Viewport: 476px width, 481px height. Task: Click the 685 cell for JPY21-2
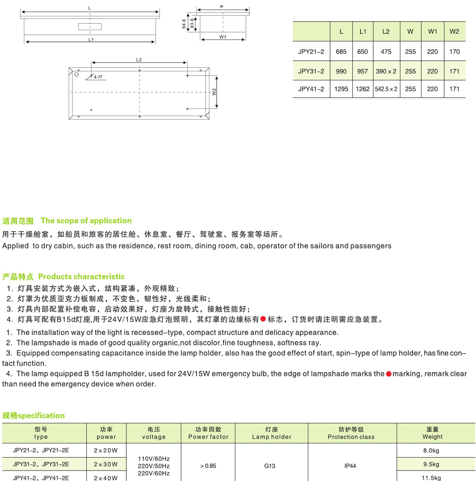click(x=341, y=52)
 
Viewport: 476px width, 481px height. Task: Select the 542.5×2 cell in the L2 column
click(x=386, y=89)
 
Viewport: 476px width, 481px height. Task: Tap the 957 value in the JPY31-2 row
click(x=362, y=71)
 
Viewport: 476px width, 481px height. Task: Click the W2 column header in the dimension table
click(x=454, y=32)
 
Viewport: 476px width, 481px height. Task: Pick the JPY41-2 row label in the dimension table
click(x=312, y=89)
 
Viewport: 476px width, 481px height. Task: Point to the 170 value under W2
click(x=454, y=52)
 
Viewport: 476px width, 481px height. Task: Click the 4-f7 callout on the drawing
click(x=98, y=77)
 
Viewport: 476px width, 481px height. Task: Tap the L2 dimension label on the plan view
click(x=139, y=60)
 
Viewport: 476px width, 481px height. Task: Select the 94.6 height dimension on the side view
click(x=184, y=24)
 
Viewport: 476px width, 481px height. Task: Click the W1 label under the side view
click(x=223, y=37)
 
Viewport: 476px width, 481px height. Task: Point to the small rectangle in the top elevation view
click(x=91, y=26)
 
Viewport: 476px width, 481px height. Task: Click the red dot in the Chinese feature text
click(x=262, y=319)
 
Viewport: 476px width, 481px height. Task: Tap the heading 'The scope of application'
click(x=86, y=221)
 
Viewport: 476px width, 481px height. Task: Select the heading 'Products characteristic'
click(x=81, y=276)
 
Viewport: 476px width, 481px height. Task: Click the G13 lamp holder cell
click(x=271, y=466)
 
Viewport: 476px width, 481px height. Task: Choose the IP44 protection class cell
click(x=350, y=466)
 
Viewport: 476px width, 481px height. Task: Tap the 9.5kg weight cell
click(x=431, y=464)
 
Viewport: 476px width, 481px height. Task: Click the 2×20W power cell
click(x=106, y=450)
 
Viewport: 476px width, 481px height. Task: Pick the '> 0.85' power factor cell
click(x=208, y=466)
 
